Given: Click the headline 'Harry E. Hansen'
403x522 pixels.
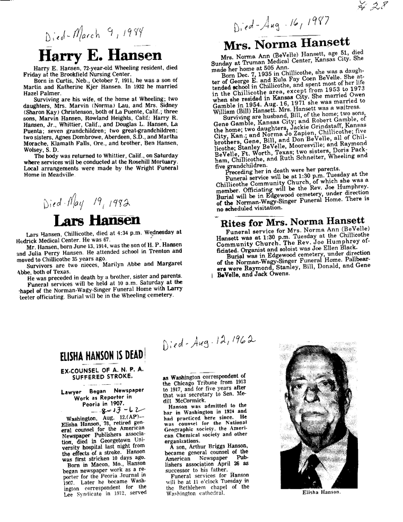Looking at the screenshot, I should click(100, 55).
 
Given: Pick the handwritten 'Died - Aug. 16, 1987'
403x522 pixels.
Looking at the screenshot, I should click(281, 25).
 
